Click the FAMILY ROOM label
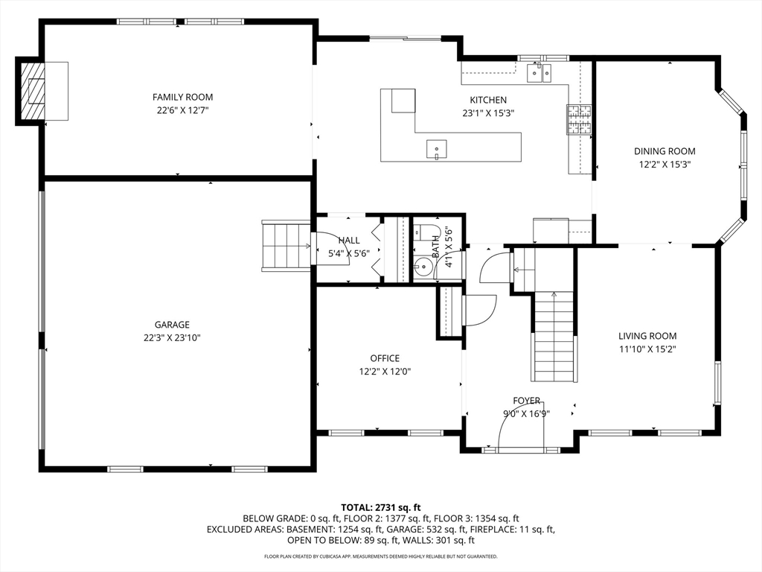coord(183,97)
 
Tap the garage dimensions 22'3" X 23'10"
coord(172,337)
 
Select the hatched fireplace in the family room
coord(32,91)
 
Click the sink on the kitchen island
coord(436,149)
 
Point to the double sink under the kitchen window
coord(540,73)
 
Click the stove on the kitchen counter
coord(578,120)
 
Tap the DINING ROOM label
coord(665,150)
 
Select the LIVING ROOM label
coord(647,336)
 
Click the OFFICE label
coord(385,358)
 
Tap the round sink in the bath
coord(423,267)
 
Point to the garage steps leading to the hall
coord(286,246)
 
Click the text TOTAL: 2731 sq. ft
coord(380,508)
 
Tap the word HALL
coord(349,241)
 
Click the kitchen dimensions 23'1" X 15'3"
coord(488,113)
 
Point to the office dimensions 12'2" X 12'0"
coord(385,372)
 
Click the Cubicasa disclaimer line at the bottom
coord(380,556)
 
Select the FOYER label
coord(527,401)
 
